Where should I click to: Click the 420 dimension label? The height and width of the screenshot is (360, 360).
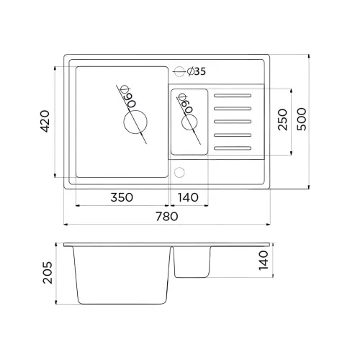coord(45,121)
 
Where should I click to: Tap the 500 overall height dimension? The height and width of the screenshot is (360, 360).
coord(302,119)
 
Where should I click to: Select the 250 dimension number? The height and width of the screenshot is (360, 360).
coord(282,120)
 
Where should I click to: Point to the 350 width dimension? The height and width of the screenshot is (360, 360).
coord(122,197)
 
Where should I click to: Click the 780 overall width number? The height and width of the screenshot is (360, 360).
coord(167,216)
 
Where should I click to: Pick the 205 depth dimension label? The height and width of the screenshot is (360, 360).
coord(48,273)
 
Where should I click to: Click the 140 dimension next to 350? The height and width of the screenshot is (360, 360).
coord(188,197)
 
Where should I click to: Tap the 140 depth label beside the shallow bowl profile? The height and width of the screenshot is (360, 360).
coord(264,261)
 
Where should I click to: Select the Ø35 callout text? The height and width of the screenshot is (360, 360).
coord(197,71)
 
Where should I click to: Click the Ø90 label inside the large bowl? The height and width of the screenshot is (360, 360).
coord(128,96)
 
